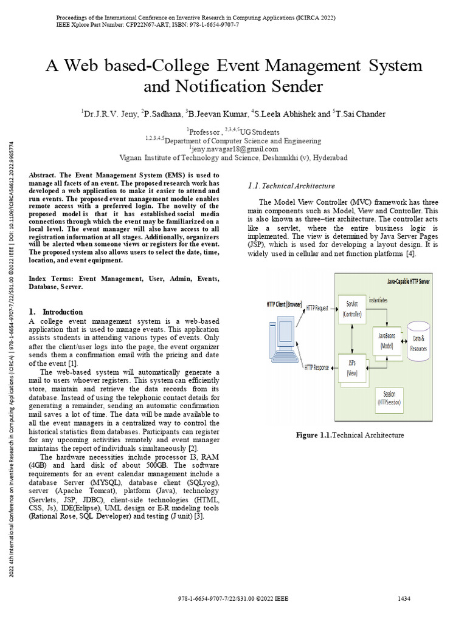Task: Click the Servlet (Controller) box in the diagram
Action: [352, 309]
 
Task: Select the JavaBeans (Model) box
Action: [387, 341]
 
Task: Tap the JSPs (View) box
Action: [352, 369]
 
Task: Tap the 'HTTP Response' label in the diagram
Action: [317, 367]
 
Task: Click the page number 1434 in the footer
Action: [404, 599]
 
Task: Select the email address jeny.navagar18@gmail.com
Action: [234, 148]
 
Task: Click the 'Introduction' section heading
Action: [63, 312]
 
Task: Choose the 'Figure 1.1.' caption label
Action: [313, 435]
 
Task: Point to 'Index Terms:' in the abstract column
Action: [48, 278]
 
